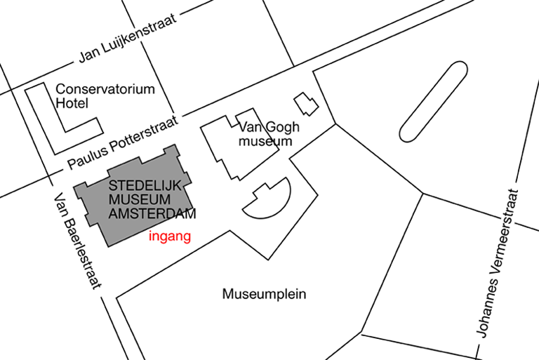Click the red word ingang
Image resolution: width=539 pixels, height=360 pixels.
pyautogui.click(x=170, y=237)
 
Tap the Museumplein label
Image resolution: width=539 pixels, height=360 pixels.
pyautogui.click(x=264, y=294)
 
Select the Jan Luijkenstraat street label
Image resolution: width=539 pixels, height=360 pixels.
pyautogui.click(x=128, y=39)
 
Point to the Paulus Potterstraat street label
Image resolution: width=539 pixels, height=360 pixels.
pyautogui.click(x=123, y=142)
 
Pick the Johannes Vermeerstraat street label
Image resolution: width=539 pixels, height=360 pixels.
pyautogui.click(x=498, y=263)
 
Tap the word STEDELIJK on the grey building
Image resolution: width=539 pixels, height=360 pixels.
pyautogui.click(x=145, y=186)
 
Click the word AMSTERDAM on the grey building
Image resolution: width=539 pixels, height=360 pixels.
pyautogui.click(x=152, y=213)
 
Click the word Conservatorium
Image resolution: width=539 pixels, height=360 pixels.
pyautogui.click(x=105, y=89)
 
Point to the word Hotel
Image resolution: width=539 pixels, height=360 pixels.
pyautogui.click(x=72, y=103)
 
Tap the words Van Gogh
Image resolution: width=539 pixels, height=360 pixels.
pyautogui.click(x=269, y=128)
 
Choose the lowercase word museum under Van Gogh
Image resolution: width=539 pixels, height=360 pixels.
pyautogui.click(x=265, y=141)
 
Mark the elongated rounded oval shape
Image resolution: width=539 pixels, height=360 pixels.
pyautogui.click(x=434, y=102)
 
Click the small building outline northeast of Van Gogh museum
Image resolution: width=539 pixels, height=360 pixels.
pyautogui.click(x=306, y=104)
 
